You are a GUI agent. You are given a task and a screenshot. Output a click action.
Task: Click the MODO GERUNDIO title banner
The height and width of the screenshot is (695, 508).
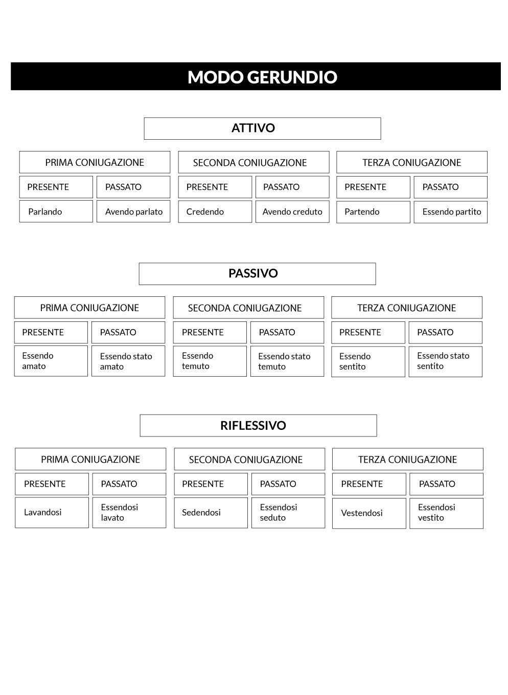coord(256,76)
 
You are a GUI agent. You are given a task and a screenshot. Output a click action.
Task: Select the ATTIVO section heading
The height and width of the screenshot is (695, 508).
coord(262,128)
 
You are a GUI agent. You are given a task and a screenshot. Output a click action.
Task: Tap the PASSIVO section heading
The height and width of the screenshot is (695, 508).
coord(258,274)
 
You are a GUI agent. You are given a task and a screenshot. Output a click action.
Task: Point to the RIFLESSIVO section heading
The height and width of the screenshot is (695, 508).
coord(258,425)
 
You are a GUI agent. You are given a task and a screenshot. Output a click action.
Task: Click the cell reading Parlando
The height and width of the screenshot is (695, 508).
coord(56,211)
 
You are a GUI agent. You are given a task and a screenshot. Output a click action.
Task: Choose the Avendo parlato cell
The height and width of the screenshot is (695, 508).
coord(133,211)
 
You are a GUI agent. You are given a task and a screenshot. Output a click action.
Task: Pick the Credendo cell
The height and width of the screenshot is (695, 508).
coord(215,211)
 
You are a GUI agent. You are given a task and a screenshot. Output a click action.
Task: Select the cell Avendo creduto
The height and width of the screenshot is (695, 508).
coord(292,211)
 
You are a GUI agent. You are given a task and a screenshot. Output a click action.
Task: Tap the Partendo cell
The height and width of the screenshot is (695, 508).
coord(373,212)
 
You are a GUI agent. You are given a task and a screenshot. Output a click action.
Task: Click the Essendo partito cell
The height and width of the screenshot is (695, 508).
coord(451,212)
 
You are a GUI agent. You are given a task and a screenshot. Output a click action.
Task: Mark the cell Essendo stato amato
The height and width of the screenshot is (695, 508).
coord(128,361)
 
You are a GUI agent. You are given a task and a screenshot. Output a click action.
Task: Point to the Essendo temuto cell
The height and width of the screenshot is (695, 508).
coord(210,361)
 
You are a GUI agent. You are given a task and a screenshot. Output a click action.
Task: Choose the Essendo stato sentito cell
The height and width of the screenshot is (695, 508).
coord(446,361)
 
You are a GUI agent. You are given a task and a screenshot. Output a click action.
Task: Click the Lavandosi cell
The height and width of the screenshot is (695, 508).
coord(52,513)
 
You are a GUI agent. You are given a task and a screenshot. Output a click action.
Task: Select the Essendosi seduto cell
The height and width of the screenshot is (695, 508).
coord(288,513)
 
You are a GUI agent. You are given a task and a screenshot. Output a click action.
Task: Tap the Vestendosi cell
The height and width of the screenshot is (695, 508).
coord(369,513)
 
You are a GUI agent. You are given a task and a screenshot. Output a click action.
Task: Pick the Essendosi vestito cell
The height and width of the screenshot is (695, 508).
coord(446,513)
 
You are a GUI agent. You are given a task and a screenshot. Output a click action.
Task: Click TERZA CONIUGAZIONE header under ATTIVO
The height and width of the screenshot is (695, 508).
coord(412,162)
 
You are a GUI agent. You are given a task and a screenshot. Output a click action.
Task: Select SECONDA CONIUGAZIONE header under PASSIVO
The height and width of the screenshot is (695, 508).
coord(249,308)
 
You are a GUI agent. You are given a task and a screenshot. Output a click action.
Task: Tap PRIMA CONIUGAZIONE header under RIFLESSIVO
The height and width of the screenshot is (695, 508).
coord(90,459)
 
